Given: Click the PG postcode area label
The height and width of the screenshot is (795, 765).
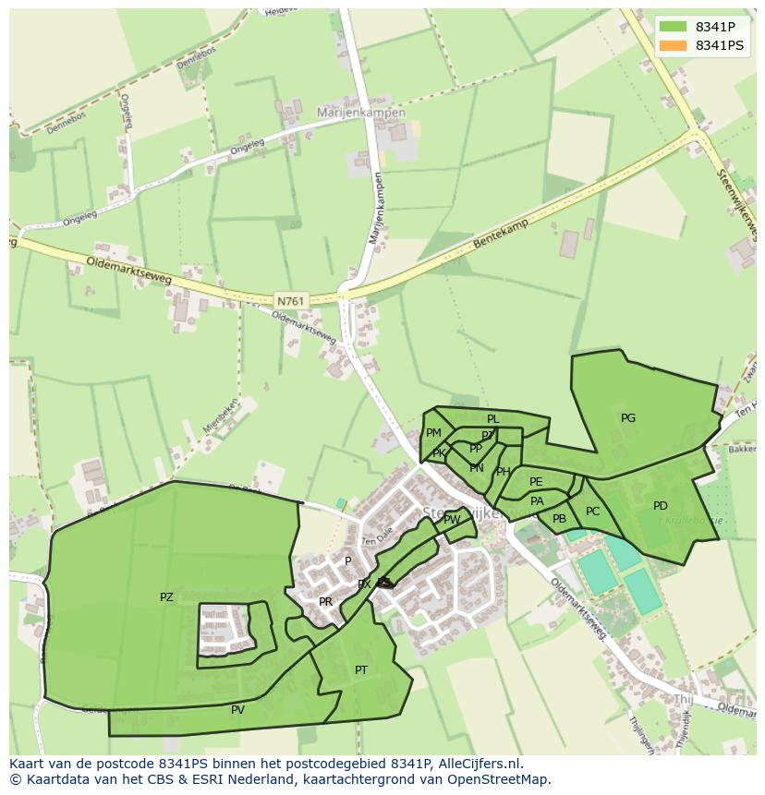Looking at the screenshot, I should [628, 418].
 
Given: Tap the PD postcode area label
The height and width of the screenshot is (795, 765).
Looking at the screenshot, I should [660, 506].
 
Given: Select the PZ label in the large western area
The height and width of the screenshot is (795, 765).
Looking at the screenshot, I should [166, 597].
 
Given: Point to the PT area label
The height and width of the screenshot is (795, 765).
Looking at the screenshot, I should [361, 670].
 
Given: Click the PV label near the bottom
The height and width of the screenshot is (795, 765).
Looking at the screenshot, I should [237, 710].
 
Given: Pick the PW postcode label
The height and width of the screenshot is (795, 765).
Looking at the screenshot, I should [452, 520].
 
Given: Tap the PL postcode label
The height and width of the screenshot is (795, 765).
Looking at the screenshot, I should [492, 419].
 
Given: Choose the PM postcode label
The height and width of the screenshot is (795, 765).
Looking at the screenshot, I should [433, 433].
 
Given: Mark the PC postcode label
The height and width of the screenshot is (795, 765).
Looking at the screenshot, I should [592, 512].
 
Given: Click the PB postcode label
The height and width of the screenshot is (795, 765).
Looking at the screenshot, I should [559, 519].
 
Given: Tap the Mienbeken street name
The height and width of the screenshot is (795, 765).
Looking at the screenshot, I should [219, 416].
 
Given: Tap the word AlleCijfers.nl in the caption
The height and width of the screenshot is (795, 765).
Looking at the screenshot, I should [476, 764].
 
